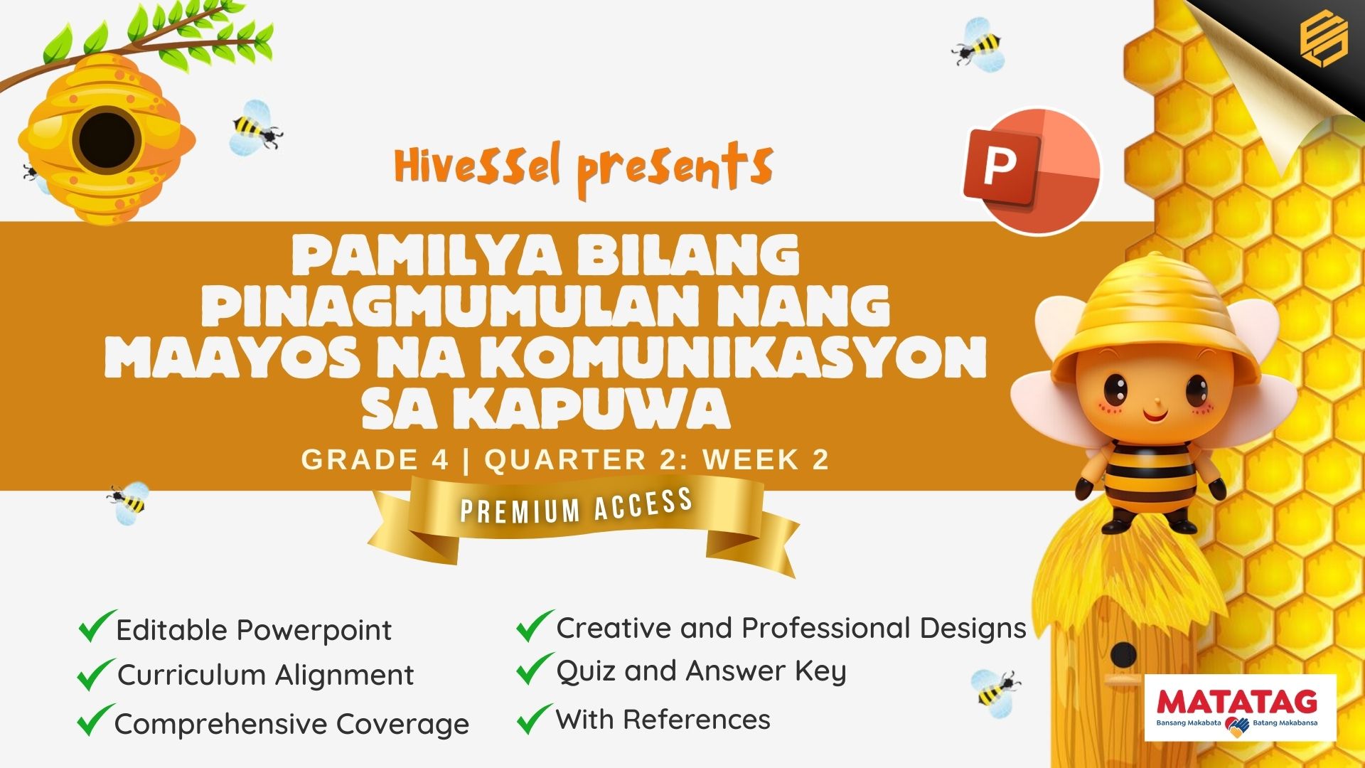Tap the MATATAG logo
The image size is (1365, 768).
click(1241, 708)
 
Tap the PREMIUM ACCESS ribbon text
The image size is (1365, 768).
click(577, 506)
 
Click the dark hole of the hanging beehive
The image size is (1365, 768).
click(107, 139)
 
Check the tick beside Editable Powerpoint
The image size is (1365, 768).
click(97, 626)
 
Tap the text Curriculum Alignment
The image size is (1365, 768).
click(266, 675)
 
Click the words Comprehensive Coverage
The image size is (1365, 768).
click(292, 724)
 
